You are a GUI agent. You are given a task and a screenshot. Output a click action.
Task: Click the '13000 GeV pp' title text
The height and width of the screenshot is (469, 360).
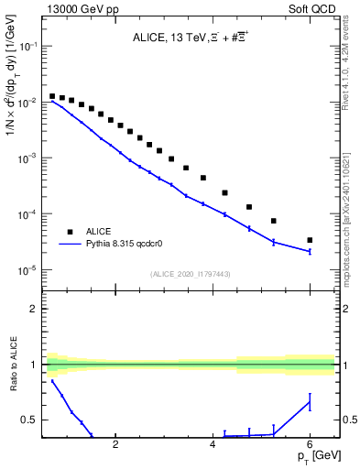point(81,8)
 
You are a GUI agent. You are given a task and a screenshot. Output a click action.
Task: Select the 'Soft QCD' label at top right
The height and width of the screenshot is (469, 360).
point(314,8)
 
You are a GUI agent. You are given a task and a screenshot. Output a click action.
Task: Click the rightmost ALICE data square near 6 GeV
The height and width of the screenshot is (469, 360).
point(310,240)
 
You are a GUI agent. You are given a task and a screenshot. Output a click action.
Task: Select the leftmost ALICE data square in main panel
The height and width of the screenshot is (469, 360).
point(52,95)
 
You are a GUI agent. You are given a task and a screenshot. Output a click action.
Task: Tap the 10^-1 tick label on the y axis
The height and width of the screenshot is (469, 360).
point(29,47)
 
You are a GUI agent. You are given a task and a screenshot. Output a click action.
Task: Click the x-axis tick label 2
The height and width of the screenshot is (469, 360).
point(115,446)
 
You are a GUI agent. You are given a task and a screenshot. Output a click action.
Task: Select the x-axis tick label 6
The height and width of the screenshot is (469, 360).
point(310,446)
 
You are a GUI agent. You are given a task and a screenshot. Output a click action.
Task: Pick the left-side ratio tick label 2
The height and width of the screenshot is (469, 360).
point(34,309)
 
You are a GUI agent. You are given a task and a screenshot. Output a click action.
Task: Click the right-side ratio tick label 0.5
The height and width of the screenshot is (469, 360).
point(348,420)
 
